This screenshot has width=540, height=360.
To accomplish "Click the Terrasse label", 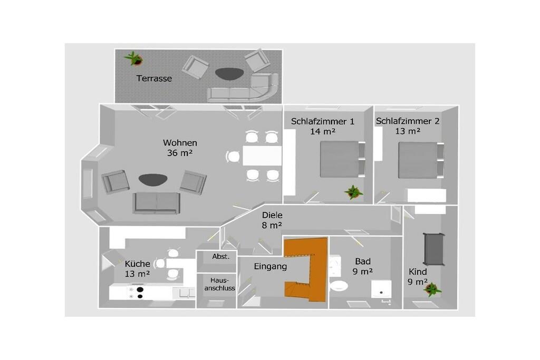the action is tap(154, 79).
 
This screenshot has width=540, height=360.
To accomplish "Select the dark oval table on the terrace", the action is tap(229, 73).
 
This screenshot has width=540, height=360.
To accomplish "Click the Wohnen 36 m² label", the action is tap(180, 148).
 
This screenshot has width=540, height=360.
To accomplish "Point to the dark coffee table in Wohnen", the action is tap(153, 179).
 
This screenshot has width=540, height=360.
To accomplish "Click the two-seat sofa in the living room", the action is tap(157, 203).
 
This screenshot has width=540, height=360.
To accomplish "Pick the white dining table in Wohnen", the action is tap(262, 156).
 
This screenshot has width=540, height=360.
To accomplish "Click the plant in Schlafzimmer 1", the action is tap(354, 192).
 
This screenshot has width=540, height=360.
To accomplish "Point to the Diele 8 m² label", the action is tap(272, 220).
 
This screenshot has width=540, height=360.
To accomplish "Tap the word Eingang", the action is tap(271, 266).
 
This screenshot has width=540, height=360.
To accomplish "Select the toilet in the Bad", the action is tap(339, 286).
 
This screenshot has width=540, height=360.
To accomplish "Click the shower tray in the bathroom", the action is tap(381, 289).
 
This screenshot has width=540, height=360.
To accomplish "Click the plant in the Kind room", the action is tap(432, 289).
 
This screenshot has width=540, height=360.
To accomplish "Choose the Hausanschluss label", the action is tap(220, 284).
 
